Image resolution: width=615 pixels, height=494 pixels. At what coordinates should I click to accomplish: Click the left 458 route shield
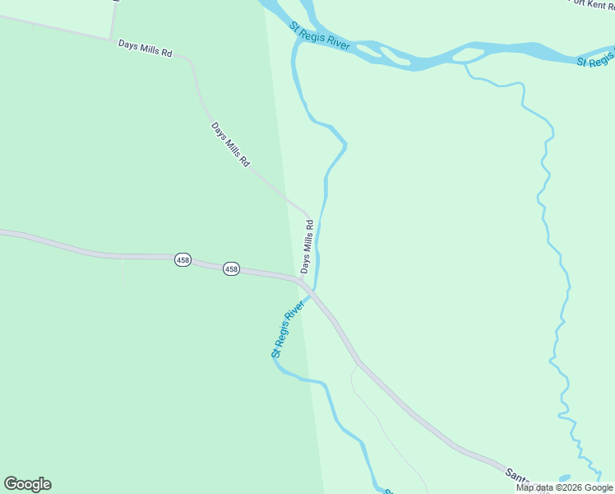point(183,260)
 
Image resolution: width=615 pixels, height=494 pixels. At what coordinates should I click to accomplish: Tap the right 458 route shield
point(231,269)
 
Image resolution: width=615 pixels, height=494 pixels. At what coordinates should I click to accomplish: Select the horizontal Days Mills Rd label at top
point(145,48)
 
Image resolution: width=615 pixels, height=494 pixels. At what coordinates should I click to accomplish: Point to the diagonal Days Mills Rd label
point(230,145)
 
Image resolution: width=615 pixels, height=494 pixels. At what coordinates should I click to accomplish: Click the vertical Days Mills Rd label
point(307,246)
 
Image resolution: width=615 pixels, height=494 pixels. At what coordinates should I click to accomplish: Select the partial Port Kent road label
point(591,3)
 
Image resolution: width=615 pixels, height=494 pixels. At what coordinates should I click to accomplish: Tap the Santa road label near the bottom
point(516,475)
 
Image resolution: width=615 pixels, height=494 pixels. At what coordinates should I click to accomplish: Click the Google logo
point(27,484)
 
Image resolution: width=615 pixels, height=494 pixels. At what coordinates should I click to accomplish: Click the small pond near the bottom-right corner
point(564,478)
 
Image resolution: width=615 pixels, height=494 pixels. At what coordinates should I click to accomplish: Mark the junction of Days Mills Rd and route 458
point(302,281)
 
